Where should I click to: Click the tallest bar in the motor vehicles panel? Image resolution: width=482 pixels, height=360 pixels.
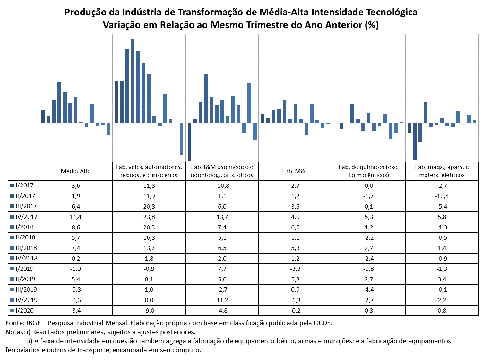click(x=133, y=80)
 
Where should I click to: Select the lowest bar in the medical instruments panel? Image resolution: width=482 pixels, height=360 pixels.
click(x=189, y=142)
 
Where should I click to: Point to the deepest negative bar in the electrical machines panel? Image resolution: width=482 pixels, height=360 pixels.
click(x=415, y=141)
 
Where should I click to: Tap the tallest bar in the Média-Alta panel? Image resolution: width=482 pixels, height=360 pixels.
click(x=59, y=102)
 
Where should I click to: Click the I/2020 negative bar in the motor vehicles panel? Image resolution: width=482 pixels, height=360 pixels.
click(x=181, y=139)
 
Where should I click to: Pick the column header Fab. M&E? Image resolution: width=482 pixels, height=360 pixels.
click(x=295, y=171)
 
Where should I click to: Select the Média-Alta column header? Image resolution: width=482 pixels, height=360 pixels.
click(x=75, y=171)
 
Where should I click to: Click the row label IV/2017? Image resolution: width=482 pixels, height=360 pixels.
click(x=26, y=217)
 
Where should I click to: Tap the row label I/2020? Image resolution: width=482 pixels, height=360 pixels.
click(x=25, y=310)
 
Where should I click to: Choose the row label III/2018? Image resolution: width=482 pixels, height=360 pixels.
click(x=26, y=248)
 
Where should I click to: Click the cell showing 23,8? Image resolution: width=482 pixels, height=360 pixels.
click(x=149, y=217)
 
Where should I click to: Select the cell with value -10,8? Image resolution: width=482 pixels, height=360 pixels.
click(x=222, y=185)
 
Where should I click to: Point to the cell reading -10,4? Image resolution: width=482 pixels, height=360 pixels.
click(x=442, y=196)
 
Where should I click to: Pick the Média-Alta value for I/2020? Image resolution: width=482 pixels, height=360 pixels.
click(x=75, y=310)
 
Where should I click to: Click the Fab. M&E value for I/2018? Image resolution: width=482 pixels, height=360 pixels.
click(x=295, y=227)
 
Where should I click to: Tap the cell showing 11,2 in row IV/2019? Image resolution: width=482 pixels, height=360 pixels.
click(x=222, y=300)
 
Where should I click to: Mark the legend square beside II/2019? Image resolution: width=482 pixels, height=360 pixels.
click(x=12, y=279)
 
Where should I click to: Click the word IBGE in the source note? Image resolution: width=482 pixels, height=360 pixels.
click(x=33, y=323)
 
